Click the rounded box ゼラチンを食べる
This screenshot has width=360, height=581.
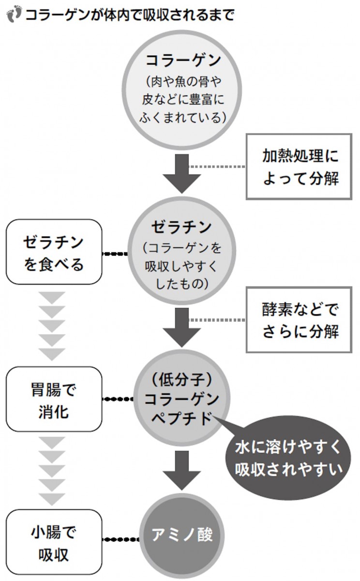[54, 252]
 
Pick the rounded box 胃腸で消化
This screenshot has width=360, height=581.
[54, 399]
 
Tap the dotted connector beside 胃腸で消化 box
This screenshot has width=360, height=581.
[119, 399]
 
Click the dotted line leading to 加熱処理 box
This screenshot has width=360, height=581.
[217, 166]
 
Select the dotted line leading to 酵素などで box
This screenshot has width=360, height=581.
[217, 320]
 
